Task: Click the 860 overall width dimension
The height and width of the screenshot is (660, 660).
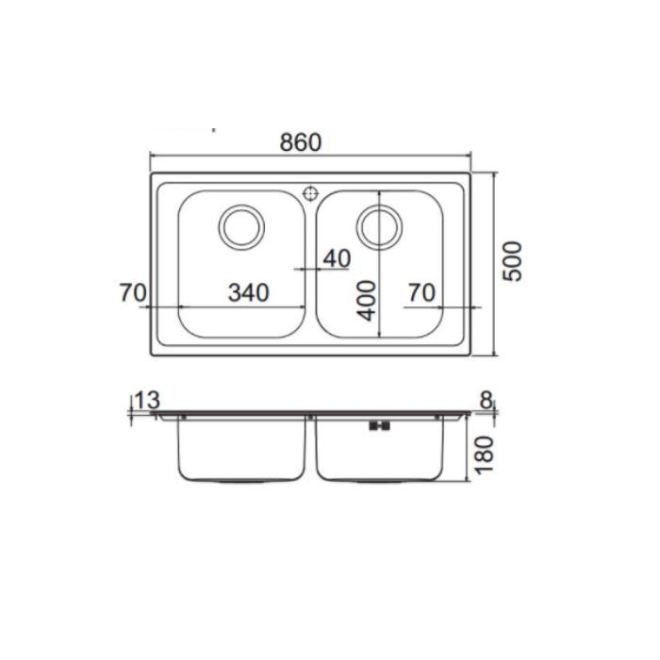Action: point(300,142)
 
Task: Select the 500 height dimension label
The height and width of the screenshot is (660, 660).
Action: point(512,261)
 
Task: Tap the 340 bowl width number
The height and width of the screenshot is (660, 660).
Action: point(248,292)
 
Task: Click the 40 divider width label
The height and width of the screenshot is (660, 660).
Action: point(337,258)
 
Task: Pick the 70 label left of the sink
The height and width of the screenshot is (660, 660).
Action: point(133,292)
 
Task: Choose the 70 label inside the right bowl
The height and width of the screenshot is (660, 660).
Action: point(421,292)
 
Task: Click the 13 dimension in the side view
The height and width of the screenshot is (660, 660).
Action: point(147,400)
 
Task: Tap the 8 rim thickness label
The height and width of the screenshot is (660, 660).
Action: point(487,400)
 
